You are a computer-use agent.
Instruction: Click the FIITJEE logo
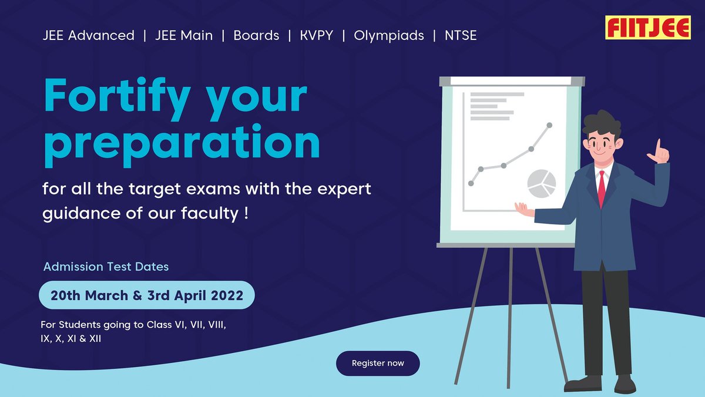[648, 28]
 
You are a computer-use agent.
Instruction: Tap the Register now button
[378, 364]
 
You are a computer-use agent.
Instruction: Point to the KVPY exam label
[316, 35]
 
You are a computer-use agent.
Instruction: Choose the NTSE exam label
[461, 35]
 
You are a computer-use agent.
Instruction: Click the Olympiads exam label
[389, 35]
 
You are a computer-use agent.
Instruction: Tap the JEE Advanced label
[88, 35]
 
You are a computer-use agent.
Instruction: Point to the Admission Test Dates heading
[106, 267]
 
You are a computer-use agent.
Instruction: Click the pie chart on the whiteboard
[541, 183]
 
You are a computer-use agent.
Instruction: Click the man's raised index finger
[659, 144]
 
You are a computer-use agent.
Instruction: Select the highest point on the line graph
[550, 125]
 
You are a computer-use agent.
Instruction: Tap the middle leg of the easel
[510, 317]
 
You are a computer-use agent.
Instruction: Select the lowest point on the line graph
[471, 183]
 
